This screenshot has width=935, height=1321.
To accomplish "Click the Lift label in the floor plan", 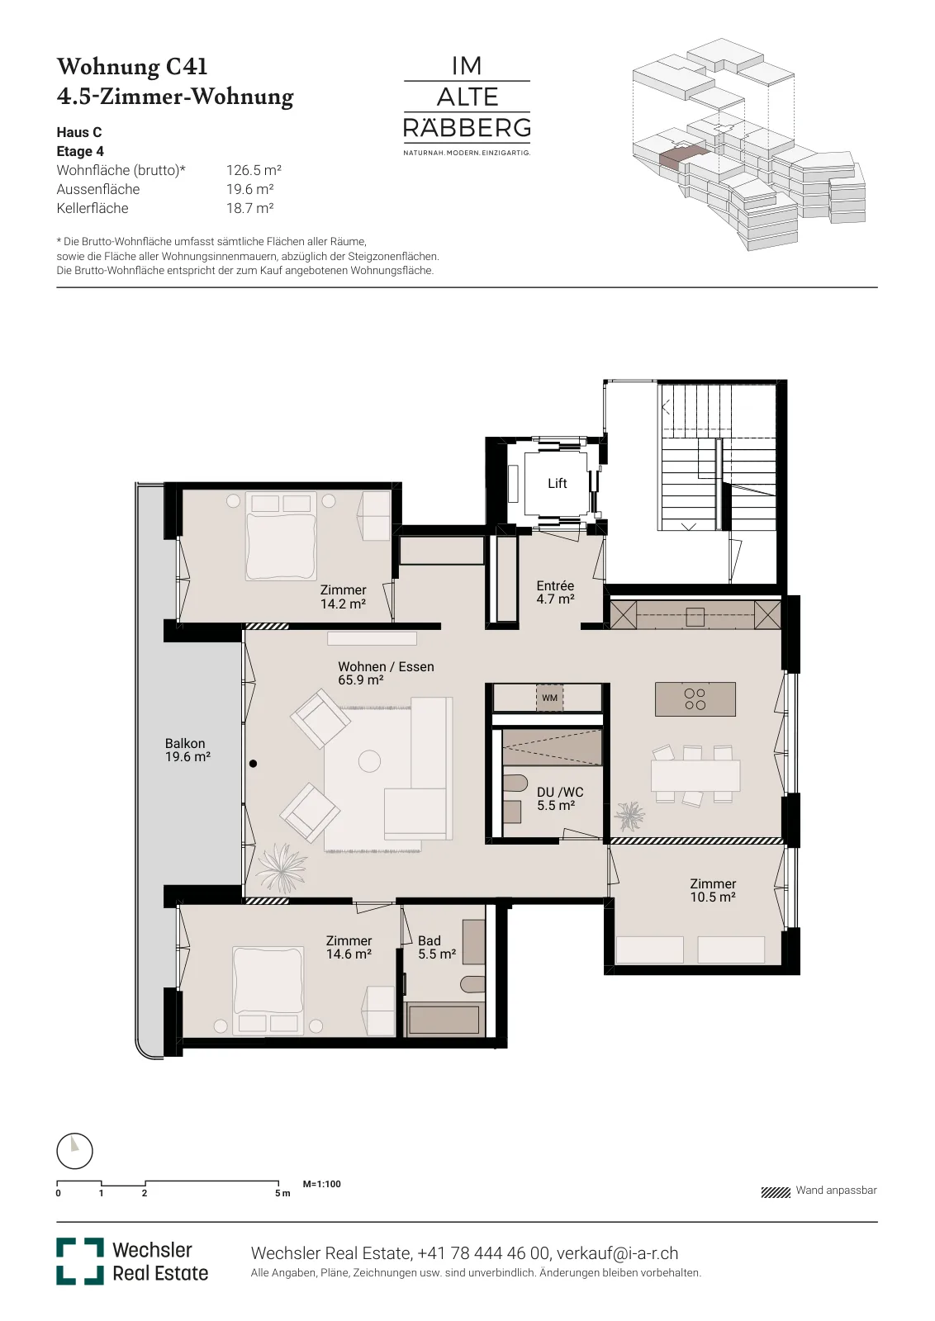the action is [x=557, y=484].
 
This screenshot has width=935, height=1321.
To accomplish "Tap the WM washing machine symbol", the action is [x=549, y=698].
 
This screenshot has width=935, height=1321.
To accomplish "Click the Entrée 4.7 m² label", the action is [x=555, y=592].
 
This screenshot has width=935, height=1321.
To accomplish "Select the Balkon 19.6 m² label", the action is [x=187, y=750].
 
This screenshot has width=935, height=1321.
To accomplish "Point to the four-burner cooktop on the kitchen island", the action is [x=695, y=699].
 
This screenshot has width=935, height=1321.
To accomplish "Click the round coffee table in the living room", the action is [x=370, y=760].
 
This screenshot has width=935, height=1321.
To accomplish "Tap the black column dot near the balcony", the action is [x=253, y=764].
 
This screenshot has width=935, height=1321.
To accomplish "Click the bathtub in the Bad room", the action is [x=444, y=1020].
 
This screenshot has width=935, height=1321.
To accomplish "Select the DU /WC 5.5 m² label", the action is [x=559, y=799].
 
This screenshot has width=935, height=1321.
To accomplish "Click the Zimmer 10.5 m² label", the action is [x=713, y=890].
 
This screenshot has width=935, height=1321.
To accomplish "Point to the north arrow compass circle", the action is [x=75, y=1151].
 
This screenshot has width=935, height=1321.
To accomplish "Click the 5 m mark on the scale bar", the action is [x=282, y=1193].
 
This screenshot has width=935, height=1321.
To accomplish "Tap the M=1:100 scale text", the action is [x=321, y=1184].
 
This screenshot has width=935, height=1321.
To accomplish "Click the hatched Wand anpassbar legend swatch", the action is [x=775, y=1192].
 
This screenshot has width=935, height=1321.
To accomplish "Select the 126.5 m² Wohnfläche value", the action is [x=254, y=170].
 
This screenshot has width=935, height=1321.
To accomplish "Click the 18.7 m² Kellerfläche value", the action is [x=250, y=208].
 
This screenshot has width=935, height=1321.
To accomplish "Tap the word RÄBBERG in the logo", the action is [x=467, y=128].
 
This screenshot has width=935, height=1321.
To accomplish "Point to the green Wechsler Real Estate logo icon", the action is [x=79, y=1262].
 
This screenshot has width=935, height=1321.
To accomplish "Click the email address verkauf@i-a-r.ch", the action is [x=618, y=1253].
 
